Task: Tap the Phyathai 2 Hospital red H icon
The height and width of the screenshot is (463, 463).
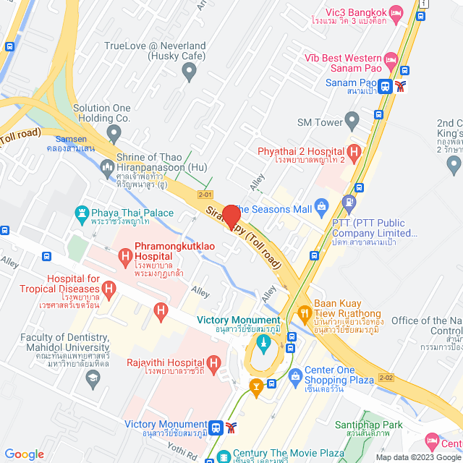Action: [354, 152]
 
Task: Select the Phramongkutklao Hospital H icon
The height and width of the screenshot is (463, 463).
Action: [125, 255]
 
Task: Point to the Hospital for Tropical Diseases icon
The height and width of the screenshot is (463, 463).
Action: [109, 291]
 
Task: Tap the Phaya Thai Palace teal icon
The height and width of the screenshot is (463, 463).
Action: [82, 213]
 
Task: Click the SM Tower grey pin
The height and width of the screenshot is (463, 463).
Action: [352, 119]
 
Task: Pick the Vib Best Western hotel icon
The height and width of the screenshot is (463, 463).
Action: [391, 58]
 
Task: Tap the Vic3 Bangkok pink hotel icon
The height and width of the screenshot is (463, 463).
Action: [395, 12]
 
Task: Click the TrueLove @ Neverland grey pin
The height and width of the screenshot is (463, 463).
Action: [190, 71]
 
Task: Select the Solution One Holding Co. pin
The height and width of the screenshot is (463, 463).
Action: [114, 133]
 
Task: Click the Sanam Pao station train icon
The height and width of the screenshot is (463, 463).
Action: [385, 87]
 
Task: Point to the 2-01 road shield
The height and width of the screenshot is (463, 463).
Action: [205, 195]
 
